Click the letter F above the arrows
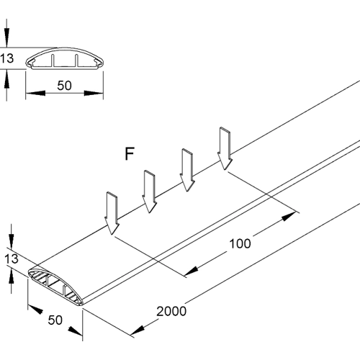[130, 153]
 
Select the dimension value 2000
[170, 312]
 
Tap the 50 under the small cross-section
[64, 86]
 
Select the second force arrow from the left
[149, 192]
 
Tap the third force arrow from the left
[187, 170]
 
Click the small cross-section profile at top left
[65, 62]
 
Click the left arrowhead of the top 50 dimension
[32, 93]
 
